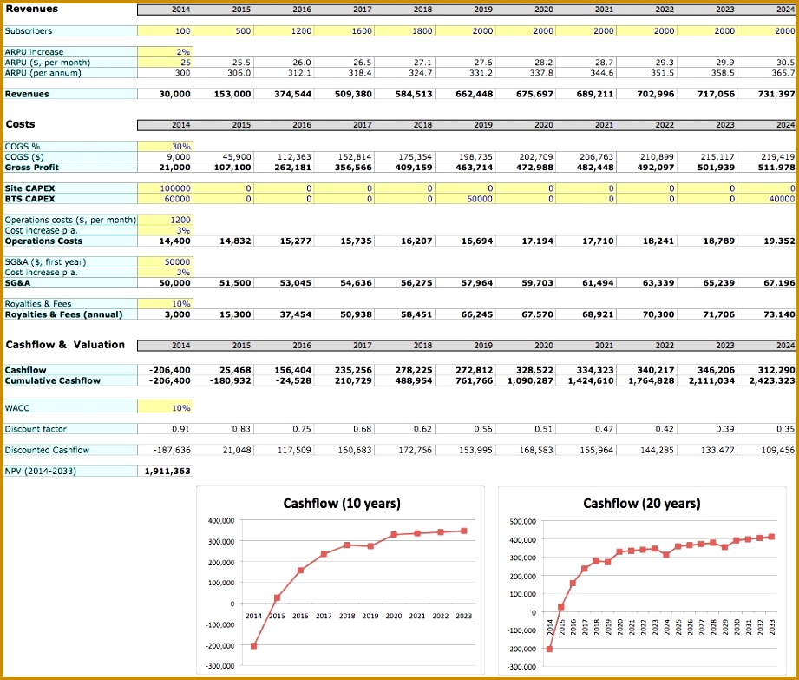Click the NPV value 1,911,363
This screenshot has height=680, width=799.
168,471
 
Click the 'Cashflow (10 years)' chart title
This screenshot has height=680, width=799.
342,504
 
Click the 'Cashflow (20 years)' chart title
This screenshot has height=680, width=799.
641,504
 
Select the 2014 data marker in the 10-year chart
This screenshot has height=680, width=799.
253,646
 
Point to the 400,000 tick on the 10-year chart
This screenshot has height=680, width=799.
220,520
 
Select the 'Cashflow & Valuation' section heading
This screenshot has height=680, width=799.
65,345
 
